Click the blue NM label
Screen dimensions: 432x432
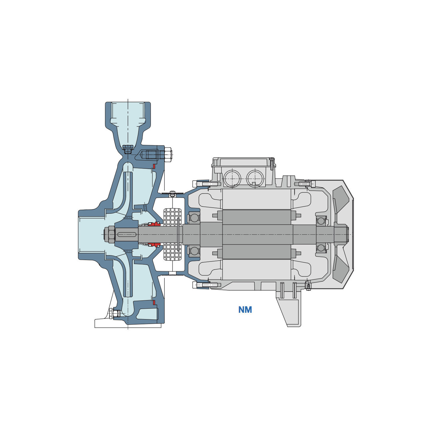click(x=245, y=310)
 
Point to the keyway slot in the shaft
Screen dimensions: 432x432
click(x=127, y=234)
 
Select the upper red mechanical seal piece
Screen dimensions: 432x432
click(x=154, y=224)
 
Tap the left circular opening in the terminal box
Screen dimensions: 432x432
click(x=232, y=179)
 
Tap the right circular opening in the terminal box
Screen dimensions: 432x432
click(x=255, y=179)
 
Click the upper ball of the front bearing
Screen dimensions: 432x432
click(x=194, y=218)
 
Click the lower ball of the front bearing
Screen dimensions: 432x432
click(x=194, y=251)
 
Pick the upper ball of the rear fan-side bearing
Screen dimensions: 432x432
click(x=321, y=221)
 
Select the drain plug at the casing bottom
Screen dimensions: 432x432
click(x=114, y=313)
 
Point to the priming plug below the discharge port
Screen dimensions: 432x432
click(x=128, y=149)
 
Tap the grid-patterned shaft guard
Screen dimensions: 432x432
click(x=172, y=234)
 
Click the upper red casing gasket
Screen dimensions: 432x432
click(x=154, y=166)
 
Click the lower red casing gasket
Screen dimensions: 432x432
click(x=154, y=302)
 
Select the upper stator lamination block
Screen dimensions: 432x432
click(x=256, y=199)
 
